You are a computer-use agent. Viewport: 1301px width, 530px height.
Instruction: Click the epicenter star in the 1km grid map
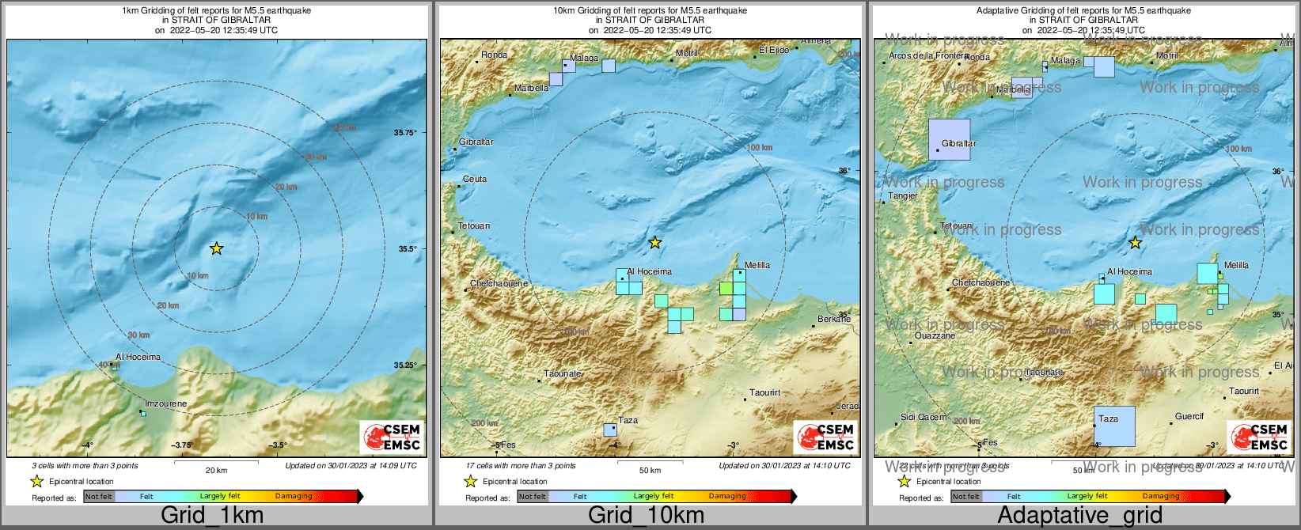(216, 248)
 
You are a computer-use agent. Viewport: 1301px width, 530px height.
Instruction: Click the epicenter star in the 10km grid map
(654, 242)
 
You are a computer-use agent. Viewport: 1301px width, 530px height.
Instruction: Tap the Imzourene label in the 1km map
(166, 403)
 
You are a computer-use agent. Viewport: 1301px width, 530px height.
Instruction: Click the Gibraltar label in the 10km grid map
(476, 142)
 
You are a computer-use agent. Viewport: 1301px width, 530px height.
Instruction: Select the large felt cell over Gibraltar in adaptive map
(949, 139)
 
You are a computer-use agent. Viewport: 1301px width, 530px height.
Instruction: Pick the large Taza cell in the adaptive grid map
(1114, 426)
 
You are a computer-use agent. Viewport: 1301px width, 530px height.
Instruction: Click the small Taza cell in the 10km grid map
(610, 430)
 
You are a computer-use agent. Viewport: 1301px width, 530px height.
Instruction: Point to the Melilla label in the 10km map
(757, 265)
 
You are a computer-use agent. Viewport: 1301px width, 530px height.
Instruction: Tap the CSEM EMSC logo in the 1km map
(392, 437)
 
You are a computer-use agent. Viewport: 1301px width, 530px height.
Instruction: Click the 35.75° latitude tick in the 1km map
(405, 133)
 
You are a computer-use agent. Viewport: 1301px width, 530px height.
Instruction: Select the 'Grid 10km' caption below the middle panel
(646, 515)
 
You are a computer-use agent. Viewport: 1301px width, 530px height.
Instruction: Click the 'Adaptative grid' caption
(1079, 515)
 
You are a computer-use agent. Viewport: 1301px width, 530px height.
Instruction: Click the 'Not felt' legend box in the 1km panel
(99, 497)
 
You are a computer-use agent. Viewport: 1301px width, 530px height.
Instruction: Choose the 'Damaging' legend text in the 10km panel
(727, 496)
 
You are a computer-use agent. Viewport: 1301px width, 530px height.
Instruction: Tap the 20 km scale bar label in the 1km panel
(216, 470)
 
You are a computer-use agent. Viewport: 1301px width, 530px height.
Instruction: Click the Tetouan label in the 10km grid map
(474, 225)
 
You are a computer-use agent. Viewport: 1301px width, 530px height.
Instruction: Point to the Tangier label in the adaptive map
(903, 195)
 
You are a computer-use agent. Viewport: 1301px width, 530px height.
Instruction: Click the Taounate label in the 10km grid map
(563, 373)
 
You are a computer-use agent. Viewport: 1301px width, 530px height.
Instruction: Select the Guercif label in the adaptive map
(1189, 416)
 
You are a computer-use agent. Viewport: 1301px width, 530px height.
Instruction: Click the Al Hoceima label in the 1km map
(138, 357)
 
